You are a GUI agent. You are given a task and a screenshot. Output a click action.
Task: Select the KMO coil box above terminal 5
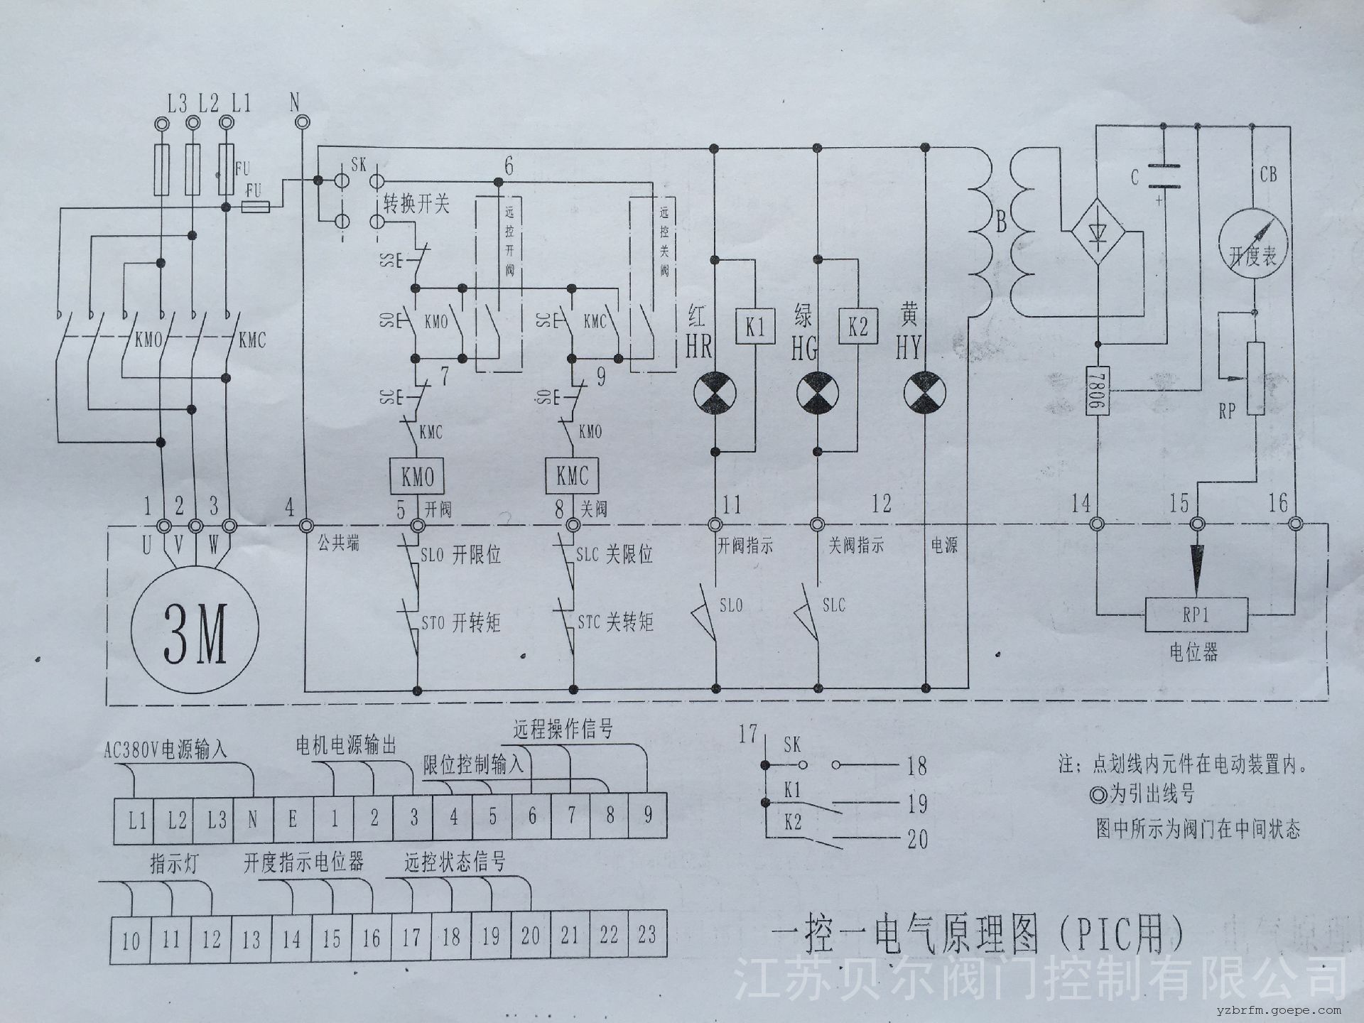coord(417,475)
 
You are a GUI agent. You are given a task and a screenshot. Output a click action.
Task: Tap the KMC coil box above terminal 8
coord(572,475)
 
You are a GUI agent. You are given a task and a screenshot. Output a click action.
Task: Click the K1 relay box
coord(754,328)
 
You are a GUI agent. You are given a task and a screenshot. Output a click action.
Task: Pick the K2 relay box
coord(858,328)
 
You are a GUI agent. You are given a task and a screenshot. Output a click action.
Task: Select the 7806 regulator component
coord(1097,390)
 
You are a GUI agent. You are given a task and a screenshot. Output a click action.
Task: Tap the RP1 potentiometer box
coord(1196,615)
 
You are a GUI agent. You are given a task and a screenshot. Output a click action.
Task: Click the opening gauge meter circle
coord(1253,242)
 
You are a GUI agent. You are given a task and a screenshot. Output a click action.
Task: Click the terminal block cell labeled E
coord(293,818)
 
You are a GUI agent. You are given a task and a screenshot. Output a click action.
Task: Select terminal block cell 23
coord(646,936)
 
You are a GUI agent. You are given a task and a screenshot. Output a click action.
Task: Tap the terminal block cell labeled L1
coord(136,820)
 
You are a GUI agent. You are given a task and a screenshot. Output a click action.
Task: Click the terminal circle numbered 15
coord(1197,525)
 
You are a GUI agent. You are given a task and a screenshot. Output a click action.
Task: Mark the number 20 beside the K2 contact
coord(918,840)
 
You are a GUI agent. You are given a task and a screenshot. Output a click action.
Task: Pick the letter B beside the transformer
coord(1002,223)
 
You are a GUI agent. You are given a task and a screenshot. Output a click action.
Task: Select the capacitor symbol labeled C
coord(1163,175)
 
